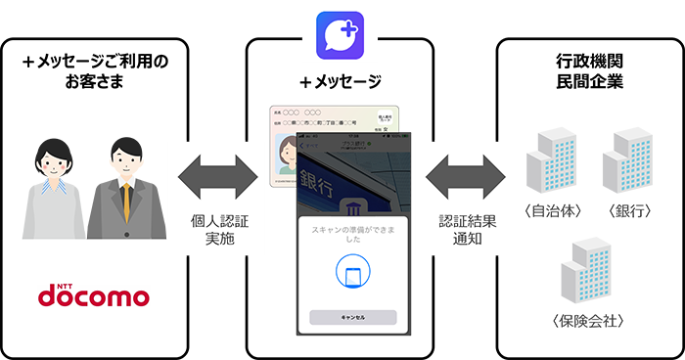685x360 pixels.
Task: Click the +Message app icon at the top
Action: [x=341, y=34]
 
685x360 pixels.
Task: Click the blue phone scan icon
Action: [x=351, y=272]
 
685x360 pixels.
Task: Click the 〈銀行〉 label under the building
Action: [x=628, y=212]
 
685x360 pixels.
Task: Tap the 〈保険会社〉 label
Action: [x=589, y=321]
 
